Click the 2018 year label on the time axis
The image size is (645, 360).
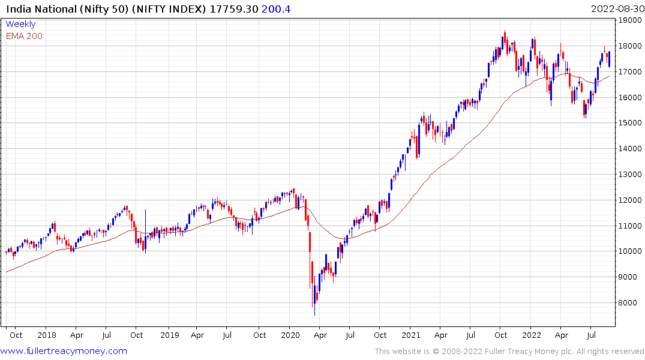coord(46,335)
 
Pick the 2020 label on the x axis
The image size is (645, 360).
coord(290,335)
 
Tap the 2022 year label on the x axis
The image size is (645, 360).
coord(532,335)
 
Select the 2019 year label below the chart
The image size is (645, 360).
coord(170,335)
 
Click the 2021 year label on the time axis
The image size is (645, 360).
coord(410,335)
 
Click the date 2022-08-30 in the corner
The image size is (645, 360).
coord(616,8)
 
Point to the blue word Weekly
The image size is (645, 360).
coord(20,24)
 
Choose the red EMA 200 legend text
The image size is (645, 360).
coord(24,36)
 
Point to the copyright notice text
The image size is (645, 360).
coord(509,351)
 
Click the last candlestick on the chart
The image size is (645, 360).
coord(610,59)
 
